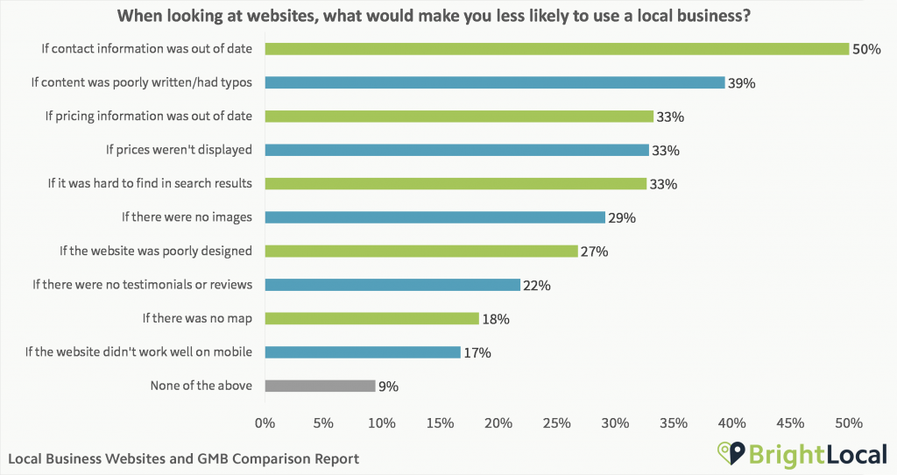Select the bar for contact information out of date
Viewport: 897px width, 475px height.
tap(556, 49)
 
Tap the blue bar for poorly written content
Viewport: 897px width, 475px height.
tap(494, 82)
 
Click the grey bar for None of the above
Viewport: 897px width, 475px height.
tap(320, 386)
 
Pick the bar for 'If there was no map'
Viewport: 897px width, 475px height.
tap(371, 318)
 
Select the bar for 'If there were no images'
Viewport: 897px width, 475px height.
tap(434, 217)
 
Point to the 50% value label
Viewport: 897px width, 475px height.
tap(865, 50)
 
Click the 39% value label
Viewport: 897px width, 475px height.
tap(741, 83)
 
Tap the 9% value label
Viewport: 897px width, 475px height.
tap(388, 386)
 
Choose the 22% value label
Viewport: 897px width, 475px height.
tap(538, 285)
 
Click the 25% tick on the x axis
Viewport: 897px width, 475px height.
tap(556, 423)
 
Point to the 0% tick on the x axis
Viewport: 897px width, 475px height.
tap(265, 423)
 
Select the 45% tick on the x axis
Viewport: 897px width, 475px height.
tap(790, 423)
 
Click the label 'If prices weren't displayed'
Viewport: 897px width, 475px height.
tap(179, 150)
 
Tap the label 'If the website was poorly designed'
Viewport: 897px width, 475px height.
tap(156, 251)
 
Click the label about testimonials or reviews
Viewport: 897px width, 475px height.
tap(142, 285)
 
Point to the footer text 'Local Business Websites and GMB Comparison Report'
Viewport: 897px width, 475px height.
tap(184, 458)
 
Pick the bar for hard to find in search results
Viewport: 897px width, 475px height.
tap(456, 183)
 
